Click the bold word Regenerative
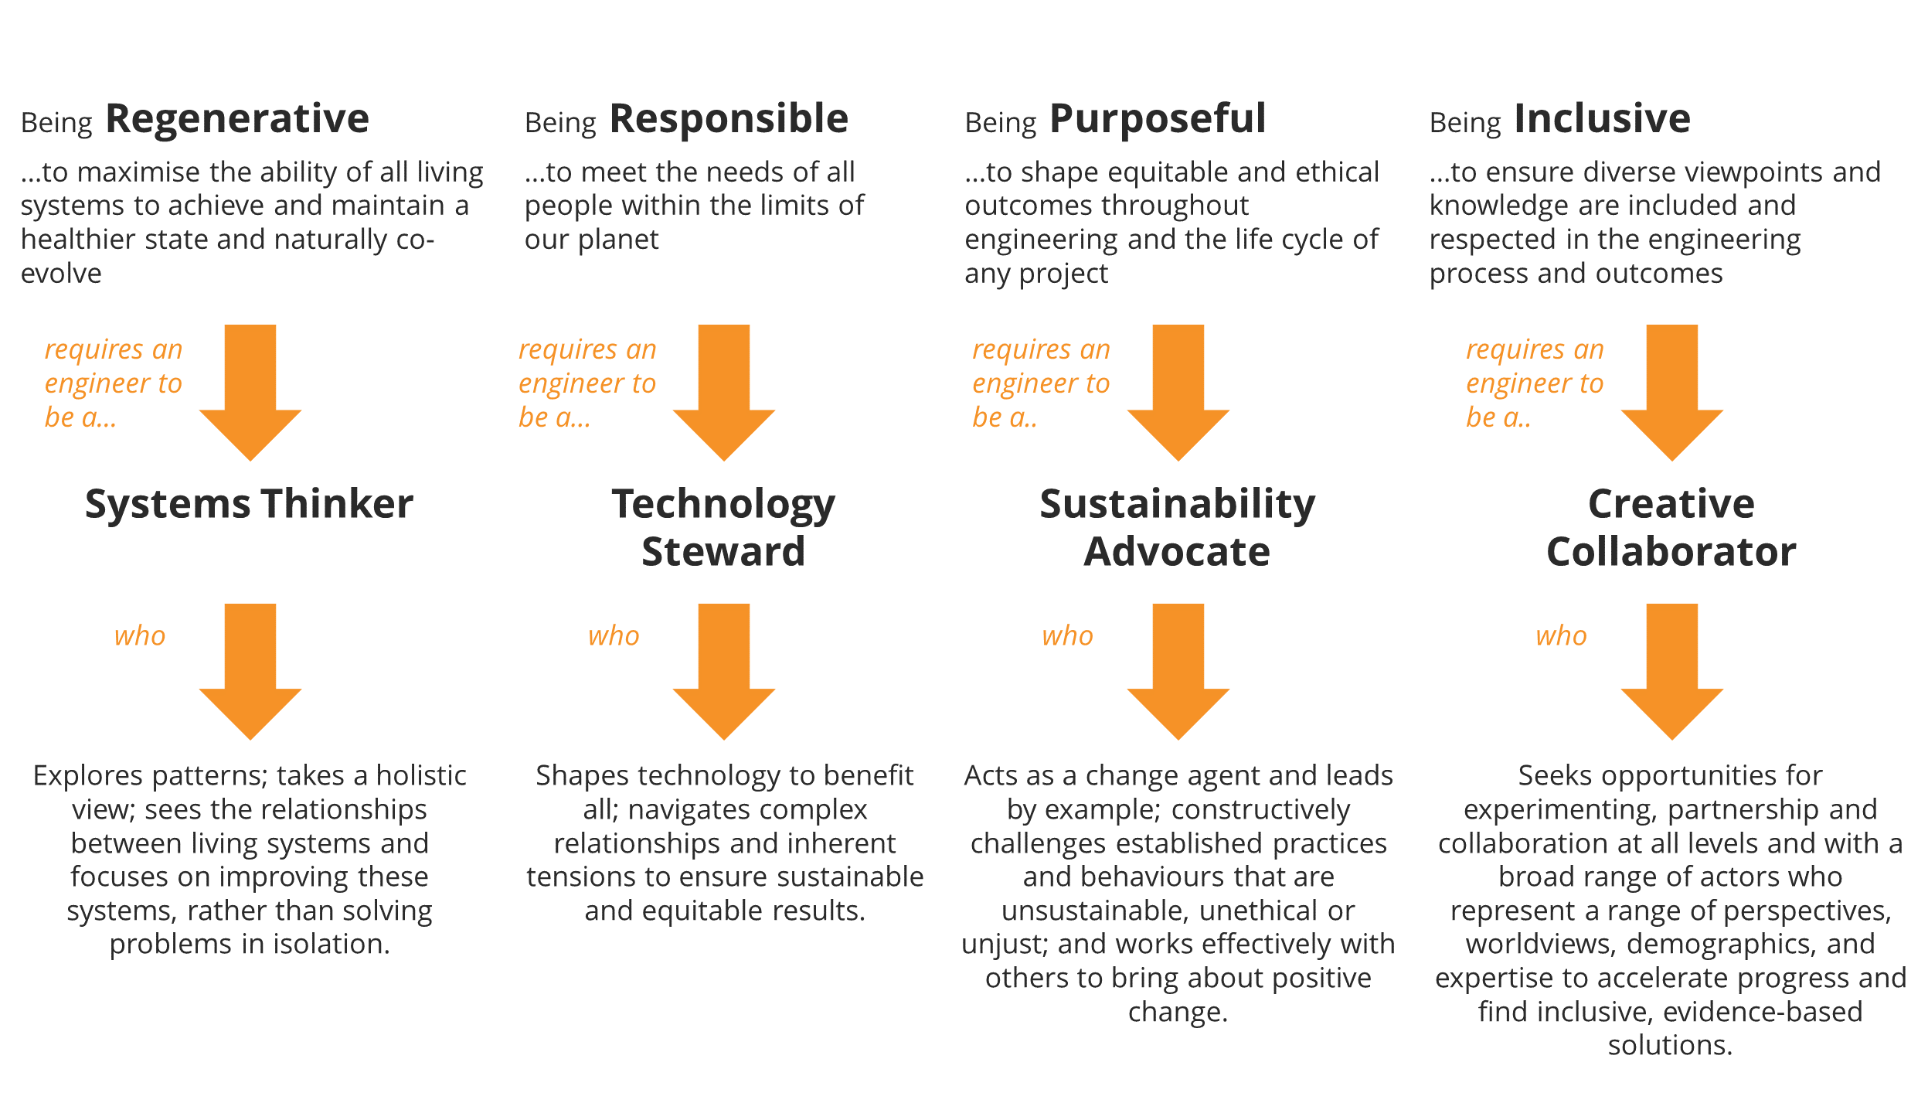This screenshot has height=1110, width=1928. [x=236, y=119]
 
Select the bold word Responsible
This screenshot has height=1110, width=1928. [x=729, y=119]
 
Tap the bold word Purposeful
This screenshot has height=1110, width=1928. [x=1157, y=119]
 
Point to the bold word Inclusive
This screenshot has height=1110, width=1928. [x=1601, y=119]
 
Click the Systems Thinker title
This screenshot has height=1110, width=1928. [x=249, y=504]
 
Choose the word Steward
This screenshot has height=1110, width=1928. [x=723, y=552]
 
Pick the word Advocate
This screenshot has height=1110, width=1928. [x=1177, y=552]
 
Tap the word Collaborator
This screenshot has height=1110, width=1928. [x=1671, y=552]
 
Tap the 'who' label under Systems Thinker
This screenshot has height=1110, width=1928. [x=140, y=636]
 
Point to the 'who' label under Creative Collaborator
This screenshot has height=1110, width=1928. [x=1561, y=636]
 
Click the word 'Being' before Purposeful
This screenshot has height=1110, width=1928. [x=1001, y=123]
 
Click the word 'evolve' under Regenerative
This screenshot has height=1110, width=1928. [x=61, y=274]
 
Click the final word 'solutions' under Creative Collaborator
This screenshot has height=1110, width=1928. [x=1669, y=1046]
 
